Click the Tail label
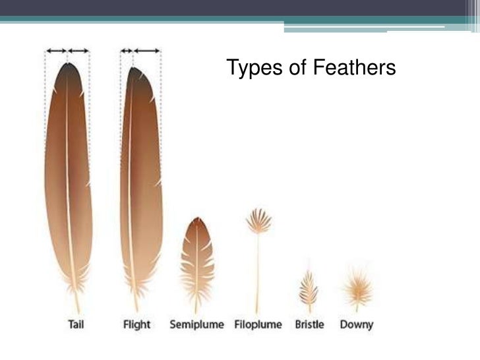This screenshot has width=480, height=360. (77, 324)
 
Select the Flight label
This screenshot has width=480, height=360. (136, 324)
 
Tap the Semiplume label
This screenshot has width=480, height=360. (197, 324)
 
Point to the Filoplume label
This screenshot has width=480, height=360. (257, 324)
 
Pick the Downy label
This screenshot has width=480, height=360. (356, 324)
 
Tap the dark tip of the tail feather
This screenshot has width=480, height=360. (68, 70)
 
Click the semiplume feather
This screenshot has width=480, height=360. (197, 257)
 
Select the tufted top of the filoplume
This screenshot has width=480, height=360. (258, 220)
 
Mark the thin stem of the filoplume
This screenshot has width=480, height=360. (257, 270)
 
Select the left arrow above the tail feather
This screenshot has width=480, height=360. (55, 51)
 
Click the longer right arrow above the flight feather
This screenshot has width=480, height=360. (146, 51)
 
